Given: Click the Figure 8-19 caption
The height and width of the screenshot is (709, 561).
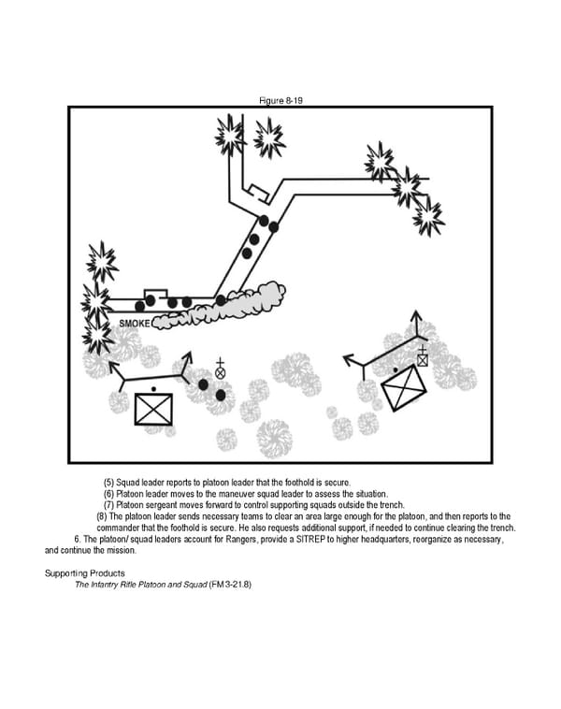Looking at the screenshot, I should [x=280, y=98].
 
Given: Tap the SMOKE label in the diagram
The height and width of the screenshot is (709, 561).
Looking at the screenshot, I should [x=135, y=323].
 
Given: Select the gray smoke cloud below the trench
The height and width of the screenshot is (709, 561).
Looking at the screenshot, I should [x=224, y=306].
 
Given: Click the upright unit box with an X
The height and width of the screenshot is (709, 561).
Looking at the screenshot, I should [x=153, y=409].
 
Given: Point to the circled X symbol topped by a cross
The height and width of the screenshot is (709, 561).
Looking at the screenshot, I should [x=221, y=371].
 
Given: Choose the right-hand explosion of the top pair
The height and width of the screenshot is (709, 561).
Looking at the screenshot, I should [x=269, y=138].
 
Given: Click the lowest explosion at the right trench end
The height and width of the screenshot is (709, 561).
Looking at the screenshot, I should [x=429, y=217].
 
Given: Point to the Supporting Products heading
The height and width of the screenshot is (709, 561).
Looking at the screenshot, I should [x=87, y=572].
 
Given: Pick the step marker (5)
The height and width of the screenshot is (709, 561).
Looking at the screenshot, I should [x=109, y=482].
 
